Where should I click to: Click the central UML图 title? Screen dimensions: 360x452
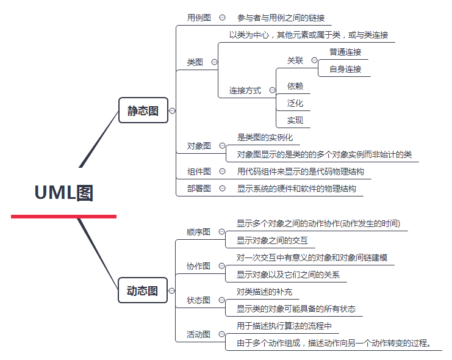[63, 193]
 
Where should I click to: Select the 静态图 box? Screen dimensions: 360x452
[143, 110]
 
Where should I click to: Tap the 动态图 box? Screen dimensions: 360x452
[143, 290]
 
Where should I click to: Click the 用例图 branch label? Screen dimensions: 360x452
[199, 18]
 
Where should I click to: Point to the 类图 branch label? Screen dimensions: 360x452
[195, 62]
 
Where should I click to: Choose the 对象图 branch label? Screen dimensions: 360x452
[199, 146]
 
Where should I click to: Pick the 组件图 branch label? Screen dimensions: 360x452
[199, 171]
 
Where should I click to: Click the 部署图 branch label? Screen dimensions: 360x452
[199, 189]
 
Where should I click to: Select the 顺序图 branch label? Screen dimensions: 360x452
[198, 232]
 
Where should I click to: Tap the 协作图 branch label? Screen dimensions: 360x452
[198, 266]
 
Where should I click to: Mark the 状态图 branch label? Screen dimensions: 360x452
[198, 300]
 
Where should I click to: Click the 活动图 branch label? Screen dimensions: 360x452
[198, 334]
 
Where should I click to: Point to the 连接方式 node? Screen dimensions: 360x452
[245, 90]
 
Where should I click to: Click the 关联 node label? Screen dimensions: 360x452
[295, 60]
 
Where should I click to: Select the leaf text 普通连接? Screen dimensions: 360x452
[345, 52]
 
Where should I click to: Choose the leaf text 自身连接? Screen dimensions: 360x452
[345, 69]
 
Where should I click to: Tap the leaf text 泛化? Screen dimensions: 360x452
[295, 103]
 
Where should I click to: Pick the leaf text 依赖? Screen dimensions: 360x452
[295, 86]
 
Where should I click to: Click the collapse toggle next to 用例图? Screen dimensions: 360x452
[222, 18]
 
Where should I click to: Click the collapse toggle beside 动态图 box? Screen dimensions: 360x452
[173, 291]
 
